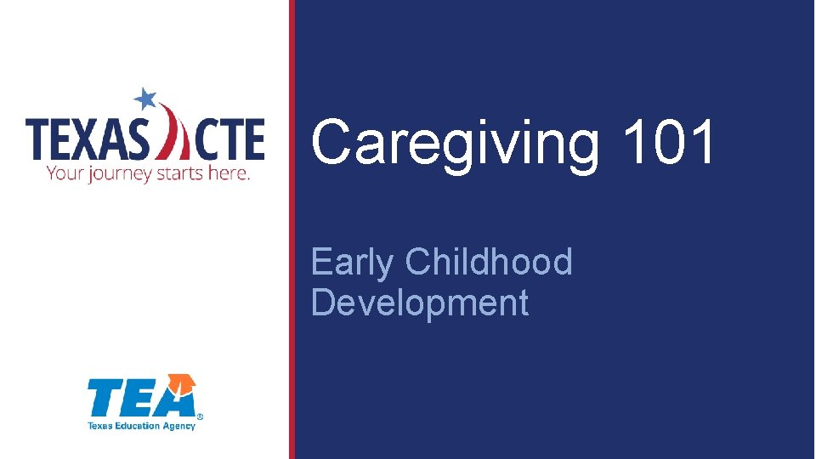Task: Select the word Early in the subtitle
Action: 352,263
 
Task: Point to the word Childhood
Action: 489,262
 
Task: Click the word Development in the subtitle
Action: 420,303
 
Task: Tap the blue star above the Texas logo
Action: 145,99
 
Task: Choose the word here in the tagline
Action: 231,173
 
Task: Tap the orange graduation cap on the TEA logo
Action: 181,385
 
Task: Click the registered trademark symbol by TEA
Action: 200,417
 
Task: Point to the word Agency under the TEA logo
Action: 180,425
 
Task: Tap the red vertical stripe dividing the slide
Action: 292,229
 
